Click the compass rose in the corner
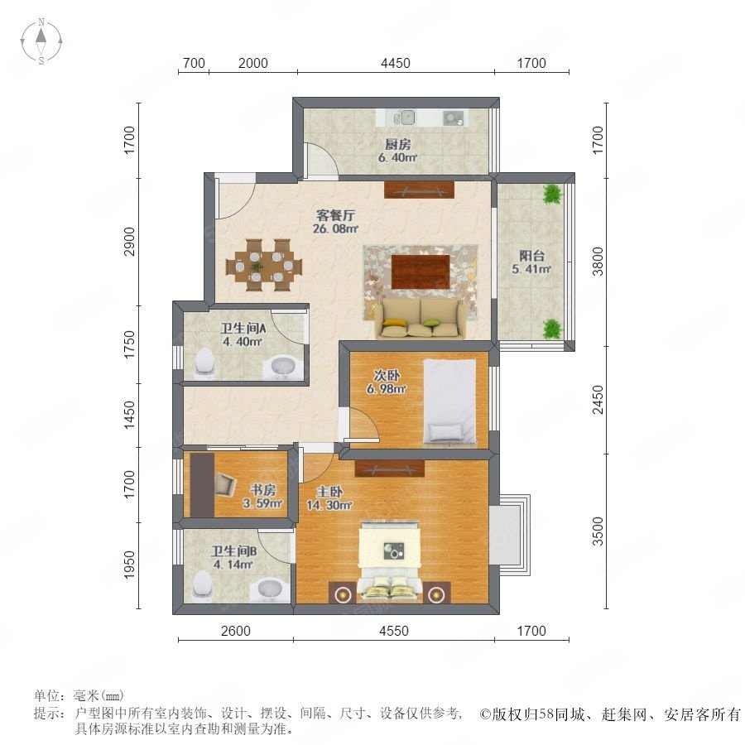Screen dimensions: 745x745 (x=41, y=41)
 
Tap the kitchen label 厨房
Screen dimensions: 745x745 (x=397, y=144)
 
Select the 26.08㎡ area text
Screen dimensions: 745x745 (x=335, y=228)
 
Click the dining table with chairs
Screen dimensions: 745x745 (x=264, y=265)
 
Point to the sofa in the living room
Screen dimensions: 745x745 (x=421, y=319)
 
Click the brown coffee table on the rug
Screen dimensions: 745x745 (x=421, y=272)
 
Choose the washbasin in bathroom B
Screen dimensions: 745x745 (x=271, y=590)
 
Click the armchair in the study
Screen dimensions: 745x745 (x=225, y=484)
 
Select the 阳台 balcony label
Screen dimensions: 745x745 (x=531, y=256)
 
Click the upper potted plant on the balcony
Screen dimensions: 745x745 (x=552, y=194)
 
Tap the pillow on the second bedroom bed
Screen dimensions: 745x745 (x=445, y=432)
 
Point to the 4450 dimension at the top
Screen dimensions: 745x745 (x=396, y=63)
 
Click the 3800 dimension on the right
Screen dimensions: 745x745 (x=598, y=262)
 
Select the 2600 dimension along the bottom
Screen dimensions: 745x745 (x=236, y=631)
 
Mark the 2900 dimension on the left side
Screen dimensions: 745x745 (x=129, y=242)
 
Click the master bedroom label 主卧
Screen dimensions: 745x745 (x=329, y=492)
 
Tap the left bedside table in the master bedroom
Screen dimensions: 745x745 (x=341, y=593)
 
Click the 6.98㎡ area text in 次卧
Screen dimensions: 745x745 (x=387, y=389)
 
